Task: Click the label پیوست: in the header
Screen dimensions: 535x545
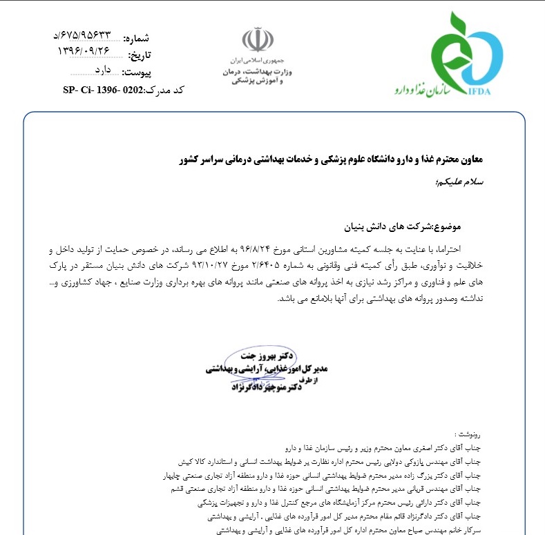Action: click(140, 72)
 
